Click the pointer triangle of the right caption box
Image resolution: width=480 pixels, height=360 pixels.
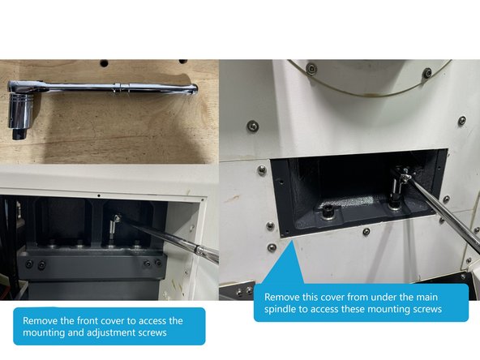285,268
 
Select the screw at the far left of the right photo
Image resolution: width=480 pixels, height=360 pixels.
253,126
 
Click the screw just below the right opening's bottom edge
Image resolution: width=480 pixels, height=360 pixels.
366,232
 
